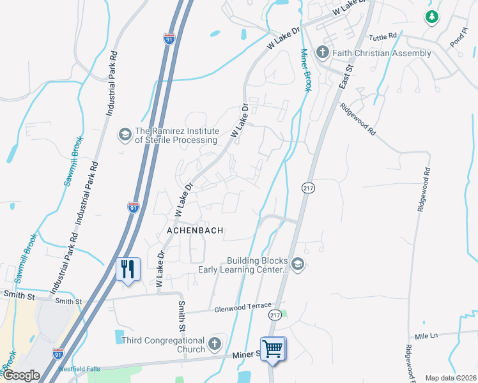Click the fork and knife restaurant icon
pos(128,268)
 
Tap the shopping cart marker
pos(273,349)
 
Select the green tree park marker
pos(433,17)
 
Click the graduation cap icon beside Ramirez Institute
pos(124,135)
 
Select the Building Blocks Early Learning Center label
pos(258,266)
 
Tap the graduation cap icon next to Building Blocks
pos(297,264)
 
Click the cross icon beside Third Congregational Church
pos(215,344)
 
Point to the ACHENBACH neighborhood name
pos(195,230)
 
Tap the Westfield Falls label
pos(79,369)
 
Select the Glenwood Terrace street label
pos(243,306)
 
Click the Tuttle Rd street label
pos(383,36)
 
